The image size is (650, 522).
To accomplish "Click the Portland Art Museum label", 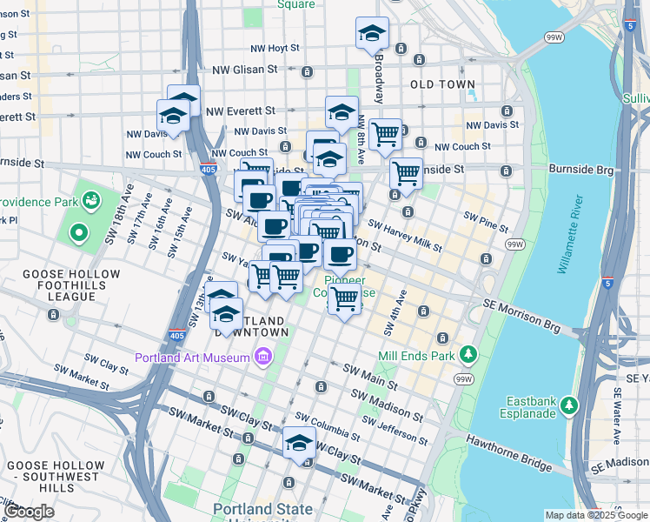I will click(x=193, y=358).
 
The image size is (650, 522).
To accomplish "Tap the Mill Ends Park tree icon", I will click(x=469, y=354).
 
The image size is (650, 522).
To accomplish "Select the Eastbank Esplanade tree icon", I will click(x=569, y=405).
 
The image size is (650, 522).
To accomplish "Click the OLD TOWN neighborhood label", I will click(x=442, y=84).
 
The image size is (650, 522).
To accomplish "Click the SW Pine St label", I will click(x=486, y=221).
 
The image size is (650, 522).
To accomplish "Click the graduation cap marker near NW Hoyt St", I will click(x=372, y=33).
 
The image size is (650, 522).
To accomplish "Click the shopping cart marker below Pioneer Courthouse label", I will click(x=345, y=298).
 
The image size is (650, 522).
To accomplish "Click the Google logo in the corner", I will click(x=30, y=512).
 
